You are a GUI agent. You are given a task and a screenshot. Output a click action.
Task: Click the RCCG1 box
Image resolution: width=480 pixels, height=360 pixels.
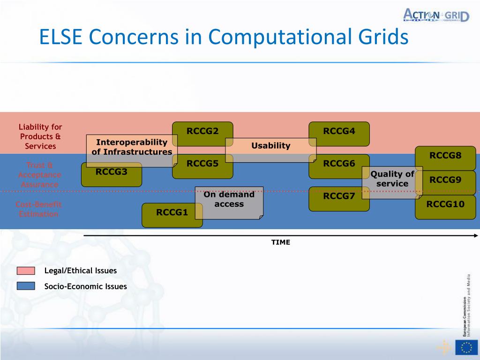(172, 215)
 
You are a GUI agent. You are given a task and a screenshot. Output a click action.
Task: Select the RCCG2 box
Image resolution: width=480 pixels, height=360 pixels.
(202, 131)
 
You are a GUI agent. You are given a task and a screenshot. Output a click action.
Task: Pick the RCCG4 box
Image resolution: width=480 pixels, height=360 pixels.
(339, 131)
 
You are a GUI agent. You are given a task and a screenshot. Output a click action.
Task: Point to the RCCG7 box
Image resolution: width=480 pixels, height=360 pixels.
(339, 196)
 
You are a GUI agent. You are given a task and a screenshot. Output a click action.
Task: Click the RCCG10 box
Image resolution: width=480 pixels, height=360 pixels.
(445, 207)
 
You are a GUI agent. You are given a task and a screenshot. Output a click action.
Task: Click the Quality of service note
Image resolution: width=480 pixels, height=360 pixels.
(392, 182)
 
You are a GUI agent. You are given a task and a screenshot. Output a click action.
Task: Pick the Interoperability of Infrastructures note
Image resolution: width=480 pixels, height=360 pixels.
(132, 150)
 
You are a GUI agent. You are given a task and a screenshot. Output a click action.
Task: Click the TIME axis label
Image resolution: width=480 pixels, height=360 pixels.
(281, 242)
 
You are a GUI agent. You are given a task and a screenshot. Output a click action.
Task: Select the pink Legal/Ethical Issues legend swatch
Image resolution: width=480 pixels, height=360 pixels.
(26, 270)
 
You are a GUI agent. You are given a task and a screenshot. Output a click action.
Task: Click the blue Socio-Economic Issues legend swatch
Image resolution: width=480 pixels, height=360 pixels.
(26, 286)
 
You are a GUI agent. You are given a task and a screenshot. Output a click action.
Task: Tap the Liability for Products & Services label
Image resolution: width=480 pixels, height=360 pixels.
(40, 136)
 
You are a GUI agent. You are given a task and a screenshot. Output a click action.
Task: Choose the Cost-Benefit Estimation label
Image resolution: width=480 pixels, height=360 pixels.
(38, 209)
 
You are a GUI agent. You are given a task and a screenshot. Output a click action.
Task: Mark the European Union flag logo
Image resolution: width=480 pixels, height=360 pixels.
(466, 347)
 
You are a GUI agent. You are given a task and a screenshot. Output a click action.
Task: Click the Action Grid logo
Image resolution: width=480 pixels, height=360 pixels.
(436, 15)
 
